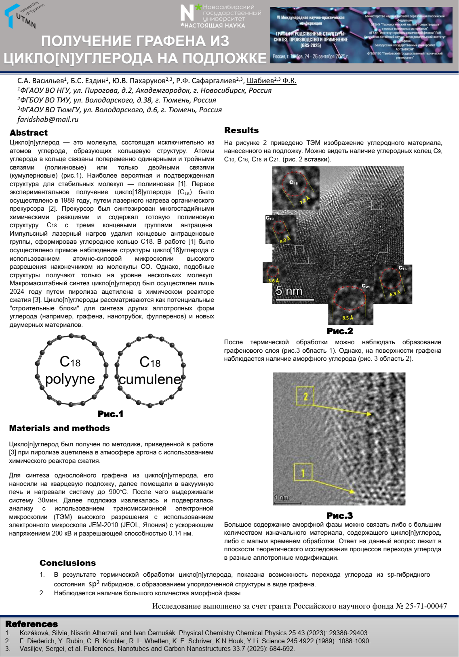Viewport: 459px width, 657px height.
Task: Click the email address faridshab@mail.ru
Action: click(x=48, y=119)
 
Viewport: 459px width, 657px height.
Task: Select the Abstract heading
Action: click(x=29, y=133)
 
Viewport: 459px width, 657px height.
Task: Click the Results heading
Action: click(x=241, y=130)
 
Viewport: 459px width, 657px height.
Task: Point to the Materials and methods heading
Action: click(x=59, y=428)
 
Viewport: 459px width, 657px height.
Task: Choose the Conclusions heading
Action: click(x=67, y=563)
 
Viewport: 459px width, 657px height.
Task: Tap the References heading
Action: click(x=32, y=624)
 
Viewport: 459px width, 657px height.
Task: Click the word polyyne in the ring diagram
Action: click(x=70, y=379)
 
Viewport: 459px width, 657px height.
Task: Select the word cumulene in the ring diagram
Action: click(x=150, y=379)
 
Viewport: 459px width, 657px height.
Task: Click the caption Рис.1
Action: click(x=110, y=414)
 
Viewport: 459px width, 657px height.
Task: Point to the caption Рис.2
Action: click(x=340, y=331)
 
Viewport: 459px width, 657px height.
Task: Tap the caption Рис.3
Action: click(x=339, y=516)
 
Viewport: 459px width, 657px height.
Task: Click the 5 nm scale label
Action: click(x=289, y=291)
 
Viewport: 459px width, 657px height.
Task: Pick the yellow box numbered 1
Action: click(x=303, y=472)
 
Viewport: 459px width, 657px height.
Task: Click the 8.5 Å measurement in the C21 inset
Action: click(x=347, y=318)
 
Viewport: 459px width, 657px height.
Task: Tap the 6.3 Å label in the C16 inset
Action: click(x=395, y=293)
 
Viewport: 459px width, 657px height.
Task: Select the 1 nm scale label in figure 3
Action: click(x=281, y=498)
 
